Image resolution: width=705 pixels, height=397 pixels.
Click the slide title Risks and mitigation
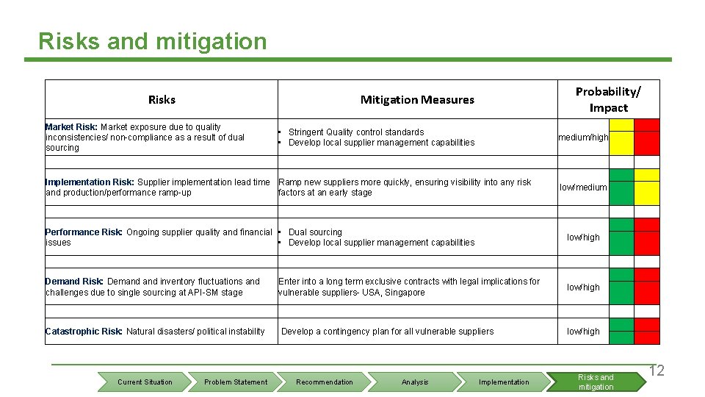click(153, 41)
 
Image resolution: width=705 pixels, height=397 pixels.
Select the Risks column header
click(162, 99)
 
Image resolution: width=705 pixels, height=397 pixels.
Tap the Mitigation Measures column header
click(417, 99)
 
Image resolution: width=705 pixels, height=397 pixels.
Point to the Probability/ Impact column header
click(607, 99)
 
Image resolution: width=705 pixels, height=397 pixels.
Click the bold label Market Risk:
click(71, 127)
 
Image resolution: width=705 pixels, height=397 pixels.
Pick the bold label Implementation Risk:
click(90, 182)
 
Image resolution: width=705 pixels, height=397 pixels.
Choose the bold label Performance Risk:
click(84, 232)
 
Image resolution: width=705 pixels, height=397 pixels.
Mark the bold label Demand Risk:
click(74, 282)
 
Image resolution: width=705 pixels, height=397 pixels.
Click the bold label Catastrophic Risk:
click(84, 332)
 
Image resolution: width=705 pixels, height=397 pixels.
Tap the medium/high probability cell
click(583, 137)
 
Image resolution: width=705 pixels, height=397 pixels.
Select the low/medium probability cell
click(583, 187)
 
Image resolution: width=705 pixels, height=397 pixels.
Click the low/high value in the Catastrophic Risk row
click(583, 332)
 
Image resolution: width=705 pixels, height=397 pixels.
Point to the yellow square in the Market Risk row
click(621, 137)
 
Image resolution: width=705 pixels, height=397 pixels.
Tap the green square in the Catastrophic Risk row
click(621, 331)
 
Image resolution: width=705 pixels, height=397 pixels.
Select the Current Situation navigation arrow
click(145, 382)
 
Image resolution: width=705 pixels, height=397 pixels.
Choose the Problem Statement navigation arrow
click(236, 382)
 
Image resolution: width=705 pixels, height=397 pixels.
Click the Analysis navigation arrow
click(415, 382)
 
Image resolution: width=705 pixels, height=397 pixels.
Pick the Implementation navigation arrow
click(504, 382)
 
